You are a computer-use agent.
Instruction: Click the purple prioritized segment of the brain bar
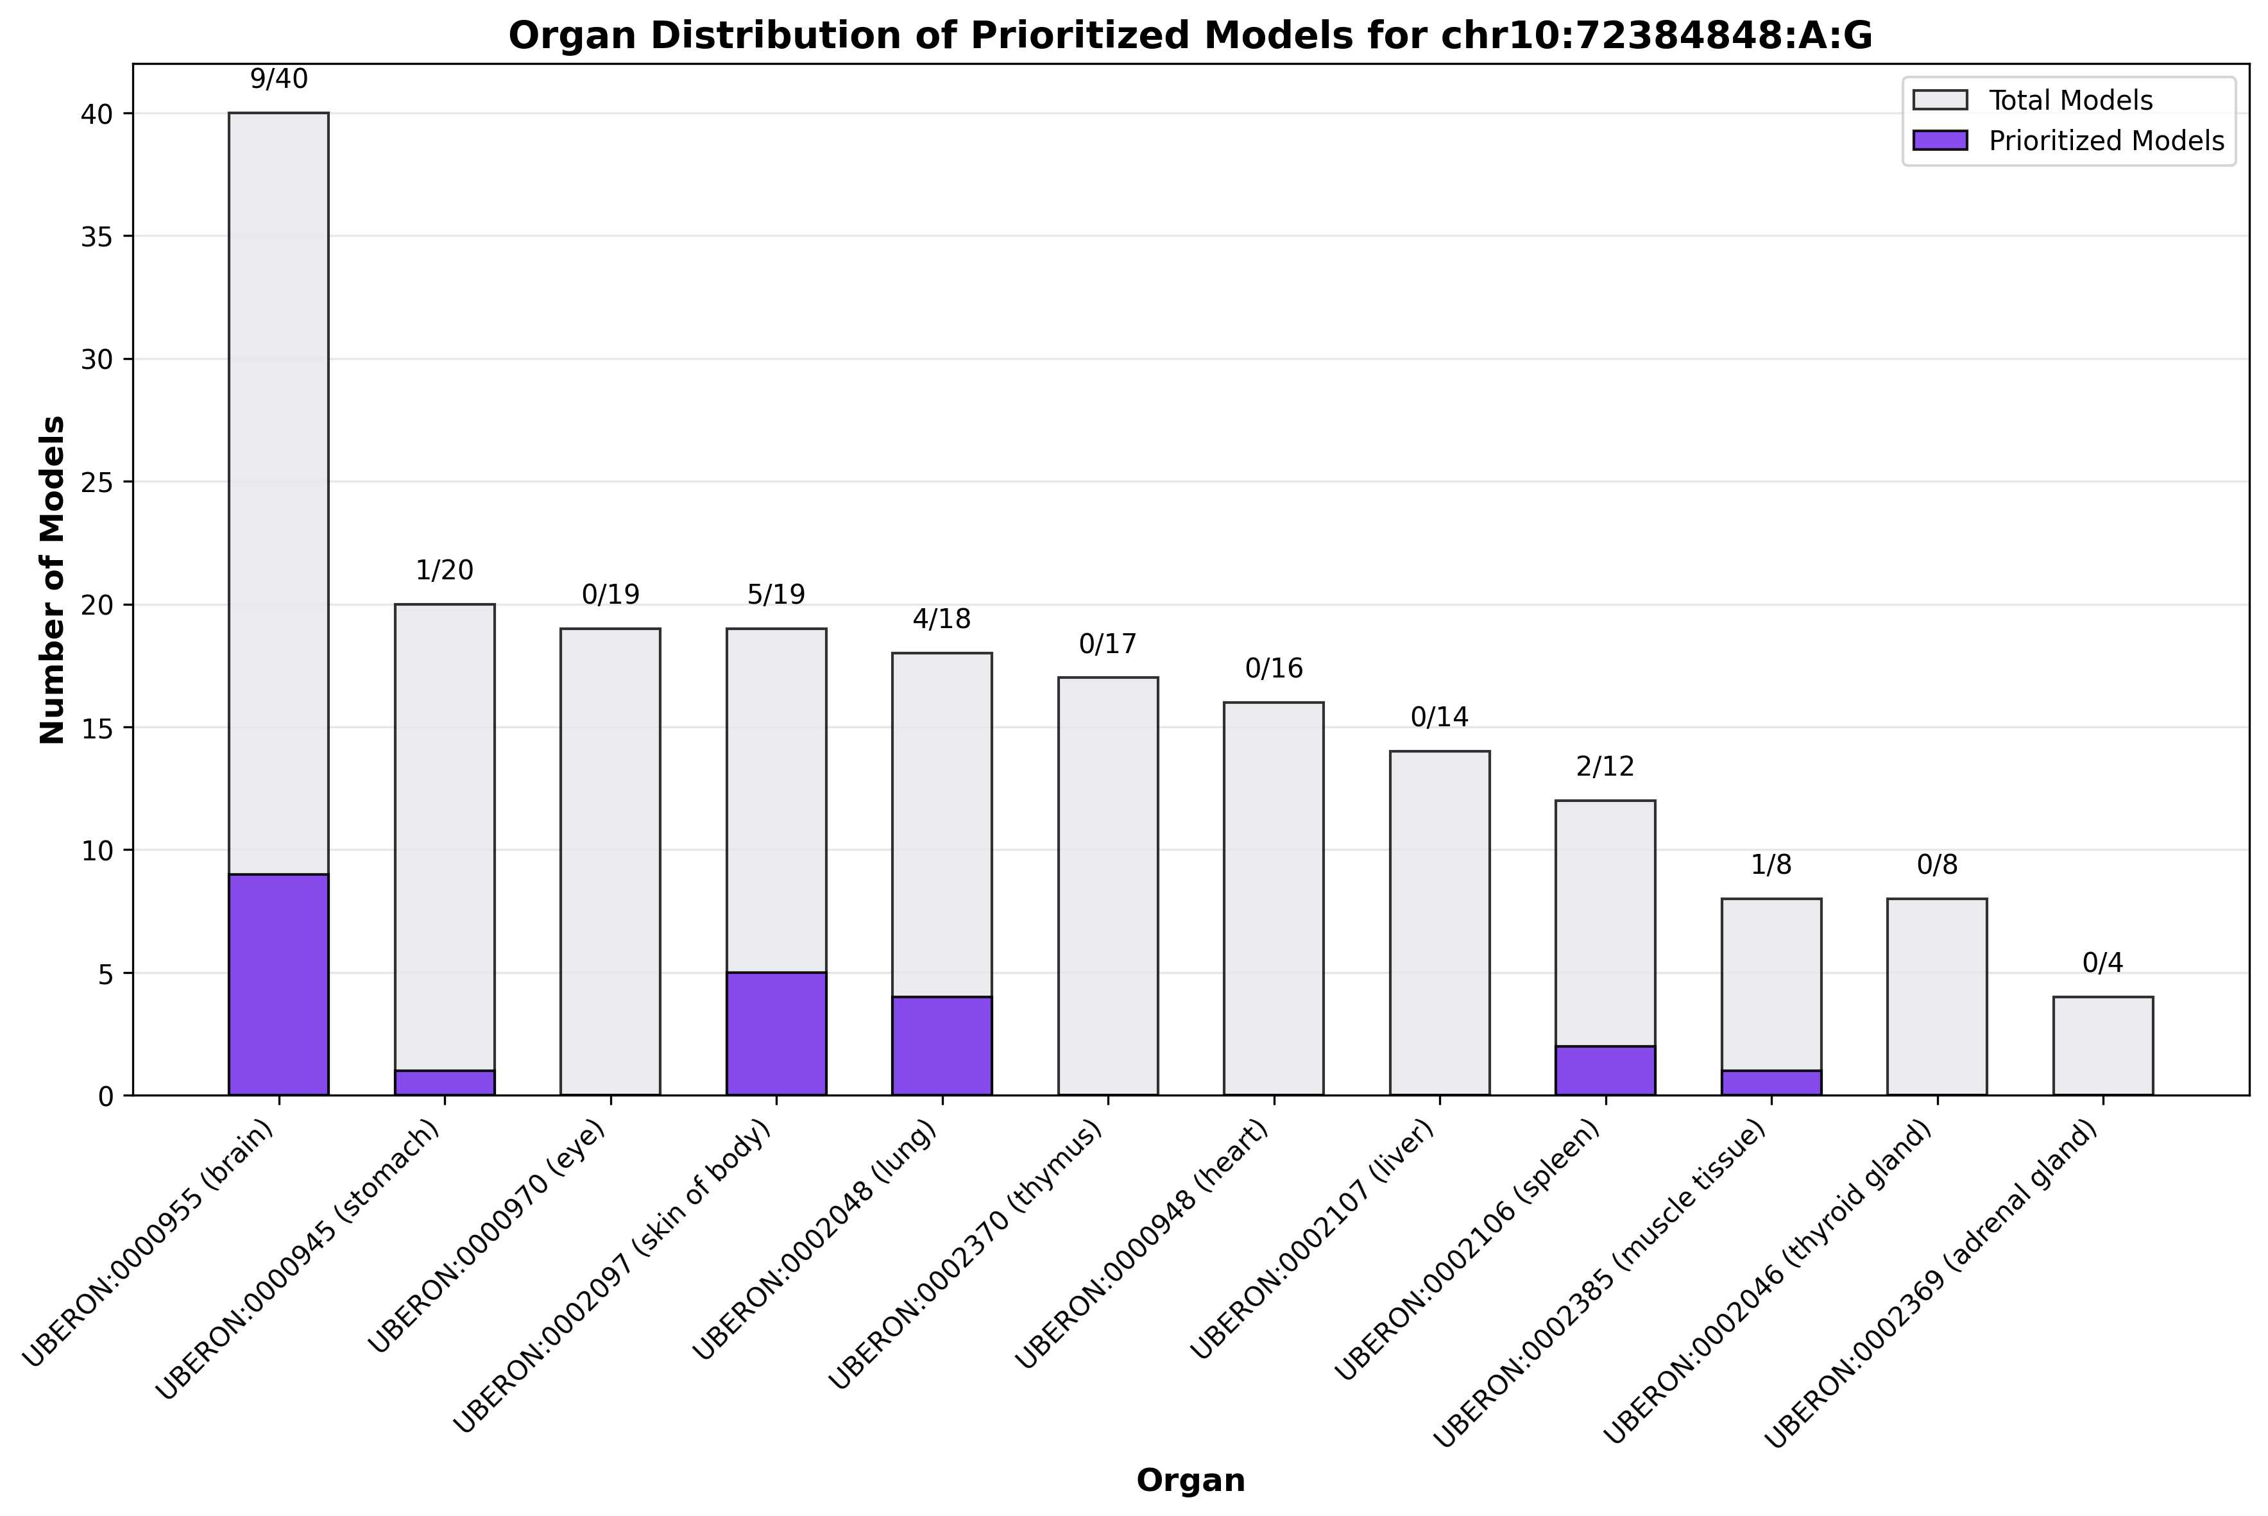point(278,984)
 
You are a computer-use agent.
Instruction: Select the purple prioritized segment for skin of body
point(776,1034)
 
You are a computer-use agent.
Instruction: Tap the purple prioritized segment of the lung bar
point(942,1046)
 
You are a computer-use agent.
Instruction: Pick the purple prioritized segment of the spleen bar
point(1605,1070)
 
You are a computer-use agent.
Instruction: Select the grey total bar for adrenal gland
point(2102,1046)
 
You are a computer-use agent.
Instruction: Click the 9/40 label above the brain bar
point(278,80)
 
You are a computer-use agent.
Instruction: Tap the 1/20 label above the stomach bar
point(445,570)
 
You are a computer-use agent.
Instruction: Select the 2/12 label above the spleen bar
point(1605,767)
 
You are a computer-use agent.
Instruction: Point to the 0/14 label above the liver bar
point(1440,717)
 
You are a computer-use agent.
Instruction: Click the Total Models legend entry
point(2070,101)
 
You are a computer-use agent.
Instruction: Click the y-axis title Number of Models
point(53,580)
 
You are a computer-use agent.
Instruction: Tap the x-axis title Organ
point(1190,1480)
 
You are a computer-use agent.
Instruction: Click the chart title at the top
point(1190,36)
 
